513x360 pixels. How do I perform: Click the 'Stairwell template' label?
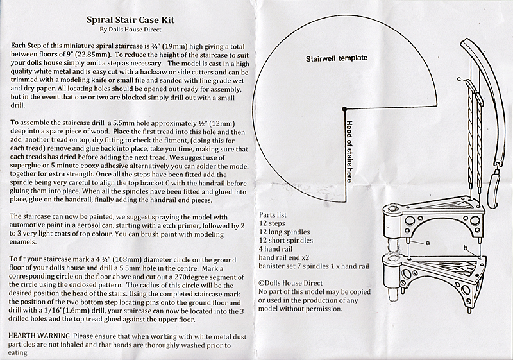click(x=337, y=58)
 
